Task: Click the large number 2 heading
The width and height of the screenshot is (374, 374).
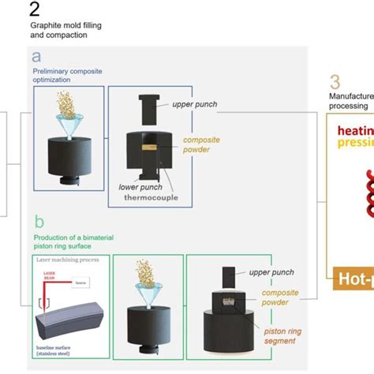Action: pos(34,10)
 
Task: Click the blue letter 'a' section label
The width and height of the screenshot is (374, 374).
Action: pos(36,57)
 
